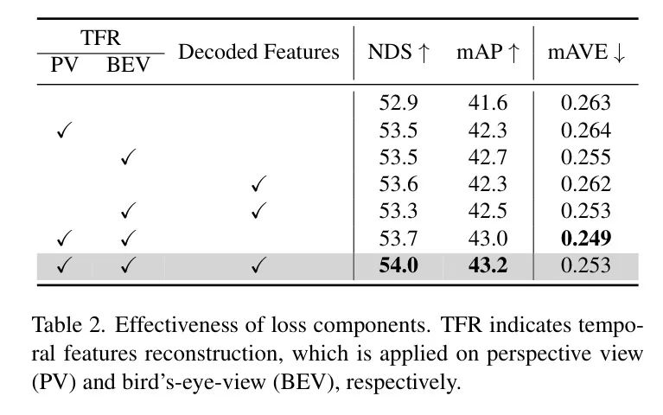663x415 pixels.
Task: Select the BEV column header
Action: point(128,65)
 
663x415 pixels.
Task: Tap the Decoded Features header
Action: point(258,52)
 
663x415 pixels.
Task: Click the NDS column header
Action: point(398,52)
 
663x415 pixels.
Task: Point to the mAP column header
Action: point(488,52)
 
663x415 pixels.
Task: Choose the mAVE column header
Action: point(586,52)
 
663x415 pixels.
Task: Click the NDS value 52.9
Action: point(398,104)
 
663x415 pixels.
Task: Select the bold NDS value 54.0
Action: point(398,265)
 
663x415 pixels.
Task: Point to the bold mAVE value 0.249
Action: point(585,238)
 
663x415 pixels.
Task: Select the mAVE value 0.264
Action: point(585,131)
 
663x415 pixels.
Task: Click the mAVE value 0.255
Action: point(585,157)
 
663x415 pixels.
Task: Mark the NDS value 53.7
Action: point(398,238)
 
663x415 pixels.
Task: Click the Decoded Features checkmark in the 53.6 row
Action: point(258,184)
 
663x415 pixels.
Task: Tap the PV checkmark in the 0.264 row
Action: point(62,131)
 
